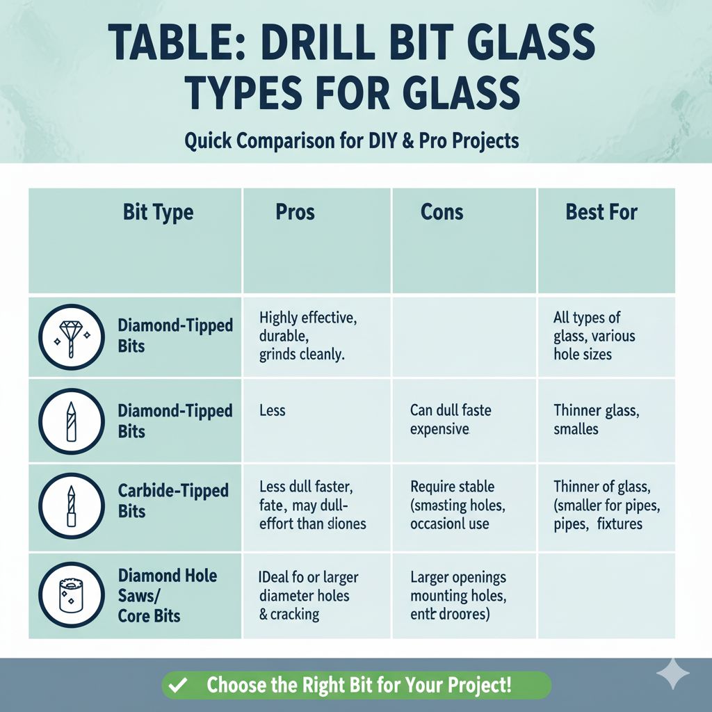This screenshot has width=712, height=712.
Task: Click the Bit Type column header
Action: click(x=158, y=212)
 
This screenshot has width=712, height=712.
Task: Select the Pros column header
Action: click(x=295, y=212)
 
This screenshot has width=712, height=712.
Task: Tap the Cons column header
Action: click(x=442, y=212)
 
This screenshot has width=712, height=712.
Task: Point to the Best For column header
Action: click(x=601, y=212)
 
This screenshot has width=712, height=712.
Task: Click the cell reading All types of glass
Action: click(x=594, y=336)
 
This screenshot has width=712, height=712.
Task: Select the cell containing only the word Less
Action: click(x=272, y=410)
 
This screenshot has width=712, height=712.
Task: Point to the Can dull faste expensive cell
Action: click(x=450, y=419)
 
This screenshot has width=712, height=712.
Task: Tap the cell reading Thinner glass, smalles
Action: click(x=597, y=419)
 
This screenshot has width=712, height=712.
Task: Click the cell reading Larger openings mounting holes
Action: click(x=458, y=595)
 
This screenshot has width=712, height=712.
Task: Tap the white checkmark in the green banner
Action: click(x=177, y=685)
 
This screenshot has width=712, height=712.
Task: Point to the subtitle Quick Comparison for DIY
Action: click(x=351, y=140)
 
